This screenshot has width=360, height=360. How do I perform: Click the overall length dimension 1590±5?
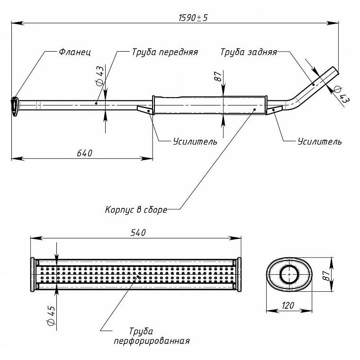coord(193,18)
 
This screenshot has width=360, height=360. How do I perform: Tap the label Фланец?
coord(75,52)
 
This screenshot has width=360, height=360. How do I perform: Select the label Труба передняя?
coord(165,52)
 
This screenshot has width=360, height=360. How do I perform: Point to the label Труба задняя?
coord(249,52)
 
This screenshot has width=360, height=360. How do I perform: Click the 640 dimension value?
coord(84,153)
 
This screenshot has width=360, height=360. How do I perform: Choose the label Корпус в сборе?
coord(136,210)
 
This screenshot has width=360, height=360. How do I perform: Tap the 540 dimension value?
coord(138,233)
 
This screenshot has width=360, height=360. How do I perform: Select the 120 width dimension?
coord(288,306)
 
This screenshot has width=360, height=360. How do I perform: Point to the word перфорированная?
coord(152,341)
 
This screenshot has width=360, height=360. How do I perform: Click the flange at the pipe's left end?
coord(15,106)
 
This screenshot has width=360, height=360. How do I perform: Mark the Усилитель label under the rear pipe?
coord(320,142)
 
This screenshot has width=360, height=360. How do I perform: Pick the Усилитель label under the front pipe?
coord(195,142)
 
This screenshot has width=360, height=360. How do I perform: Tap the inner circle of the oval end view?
coord(289,274)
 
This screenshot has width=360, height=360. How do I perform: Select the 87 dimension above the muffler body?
coord(218,76)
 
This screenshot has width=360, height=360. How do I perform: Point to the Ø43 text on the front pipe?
coord(99,76)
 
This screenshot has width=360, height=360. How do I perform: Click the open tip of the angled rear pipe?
coord(336,70)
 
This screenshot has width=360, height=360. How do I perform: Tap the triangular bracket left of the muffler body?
coord(144,109)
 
